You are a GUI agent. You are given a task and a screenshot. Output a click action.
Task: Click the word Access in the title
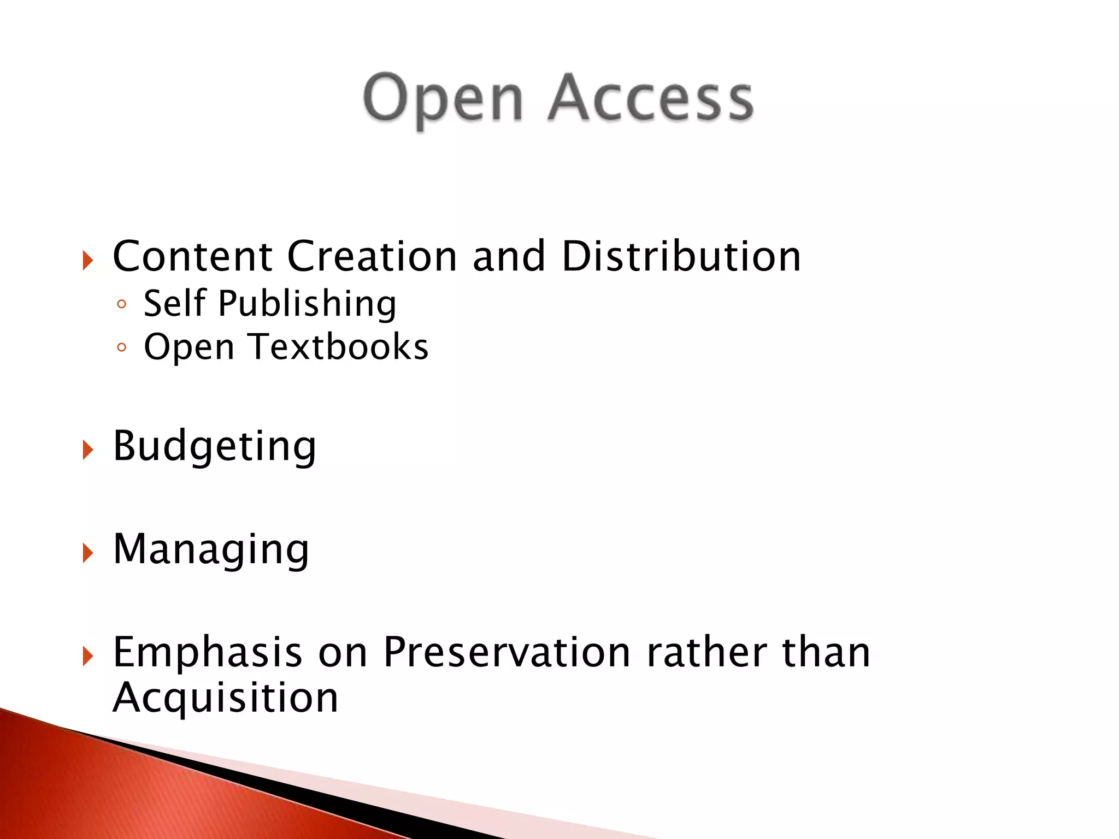[651, 98]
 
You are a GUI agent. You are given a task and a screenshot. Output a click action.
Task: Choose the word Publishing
[308, 304]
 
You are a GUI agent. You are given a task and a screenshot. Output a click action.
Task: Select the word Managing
[211, 550]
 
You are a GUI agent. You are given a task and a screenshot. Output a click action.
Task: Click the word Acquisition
[225, 698]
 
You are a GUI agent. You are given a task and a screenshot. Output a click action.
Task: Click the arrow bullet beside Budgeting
[88, 450]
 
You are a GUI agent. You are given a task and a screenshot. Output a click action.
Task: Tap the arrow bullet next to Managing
[88, 553]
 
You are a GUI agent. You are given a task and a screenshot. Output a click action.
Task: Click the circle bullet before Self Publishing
[121, 304]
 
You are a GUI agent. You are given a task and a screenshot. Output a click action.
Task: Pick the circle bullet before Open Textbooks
[121, 347]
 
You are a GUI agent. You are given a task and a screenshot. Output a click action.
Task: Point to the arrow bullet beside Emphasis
[88, 655]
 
